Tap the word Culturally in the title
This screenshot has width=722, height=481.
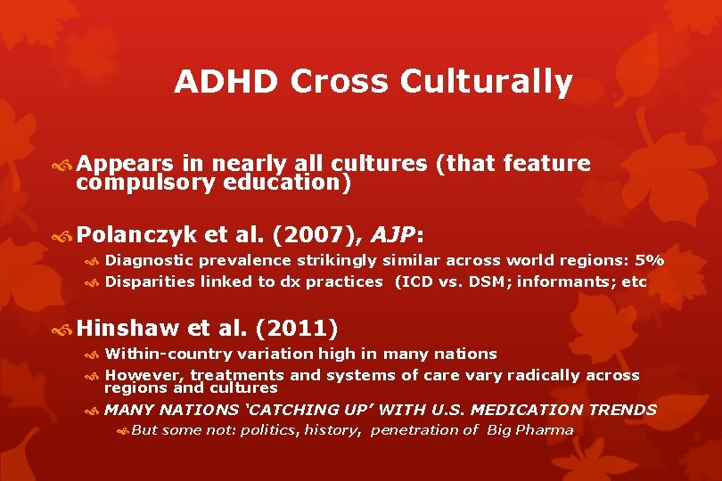coord(486,82)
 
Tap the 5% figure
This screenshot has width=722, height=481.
coord(647,261)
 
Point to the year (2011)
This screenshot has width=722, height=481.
coord(296,329)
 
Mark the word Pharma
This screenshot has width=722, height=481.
coord(549,430)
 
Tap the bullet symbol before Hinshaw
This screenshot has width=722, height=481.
coord(64,330)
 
